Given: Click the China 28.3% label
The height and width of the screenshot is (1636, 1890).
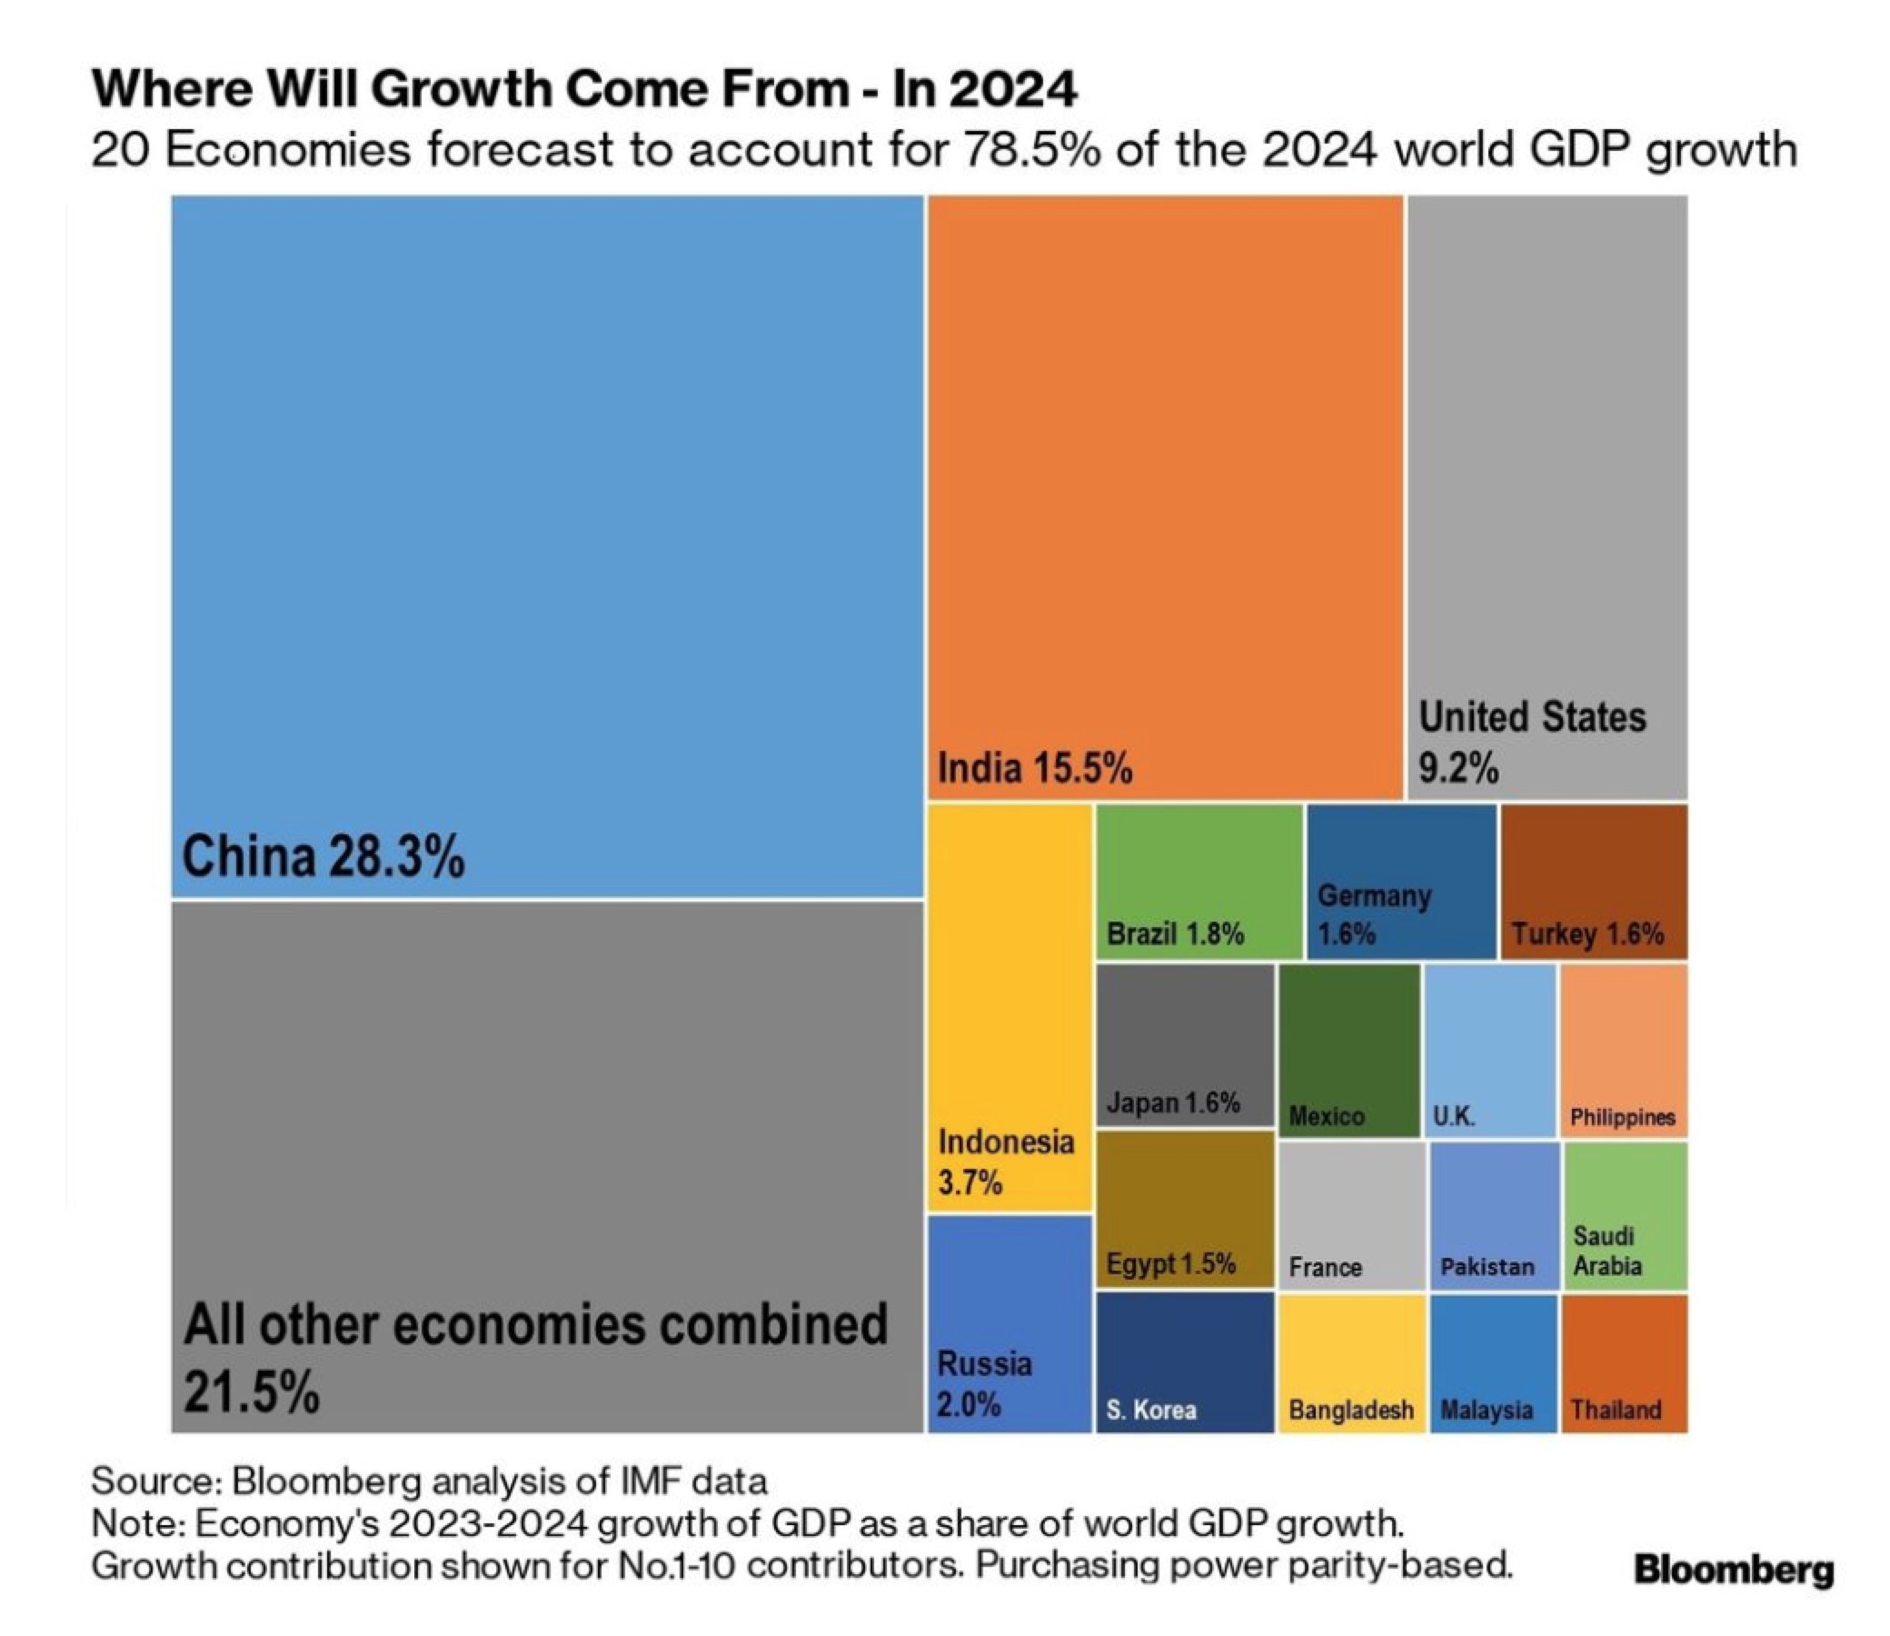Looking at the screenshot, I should (x=323, y=857).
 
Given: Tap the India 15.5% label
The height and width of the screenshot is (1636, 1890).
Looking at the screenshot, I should (x=1035, y=768).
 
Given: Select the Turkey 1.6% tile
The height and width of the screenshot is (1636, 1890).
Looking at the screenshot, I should (x=1594, y=882).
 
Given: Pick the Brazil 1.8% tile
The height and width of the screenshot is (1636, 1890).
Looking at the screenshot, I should (x=1199, y=882).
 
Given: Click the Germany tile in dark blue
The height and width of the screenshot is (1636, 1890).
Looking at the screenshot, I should (x=1401, y=882).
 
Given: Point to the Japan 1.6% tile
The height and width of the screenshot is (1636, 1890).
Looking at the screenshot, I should (x=1185, y=1046).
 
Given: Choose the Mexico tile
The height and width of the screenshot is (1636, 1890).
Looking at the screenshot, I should (x=1348, y=1051).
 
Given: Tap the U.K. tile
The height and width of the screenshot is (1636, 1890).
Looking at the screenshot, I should (x=1489, y=1051).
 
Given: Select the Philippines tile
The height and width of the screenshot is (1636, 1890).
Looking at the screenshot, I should (x=1624, y=1051).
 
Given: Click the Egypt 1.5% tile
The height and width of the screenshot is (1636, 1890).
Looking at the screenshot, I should (x=1185, y=1210).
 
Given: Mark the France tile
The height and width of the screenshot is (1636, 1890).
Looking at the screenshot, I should (x=1351, y=1216).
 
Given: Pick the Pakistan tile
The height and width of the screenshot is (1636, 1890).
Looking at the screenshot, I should (x=1493, y=1216).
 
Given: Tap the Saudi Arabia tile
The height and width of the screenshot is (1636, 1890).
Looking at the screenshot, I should (x=1626, y=1216).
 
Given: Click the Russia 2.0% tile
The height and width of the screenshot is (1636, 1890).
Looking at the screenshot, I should (x=1010, y=1323).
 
